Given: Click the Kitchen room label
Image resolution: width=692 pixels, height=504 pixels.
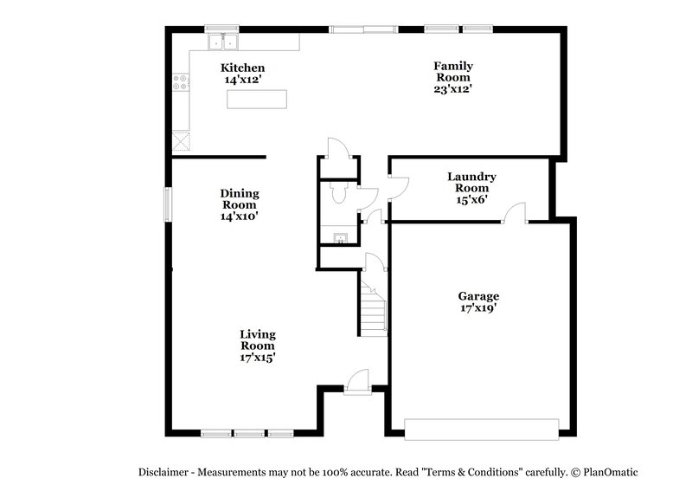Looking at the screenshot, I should tap(242, 68).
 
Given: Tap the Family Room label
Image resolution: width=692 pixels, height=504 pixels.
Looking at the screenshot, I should tap(453, 71).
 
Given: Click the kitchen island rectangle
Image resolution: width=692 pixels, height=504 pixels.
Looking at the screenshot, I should tap(255, 100).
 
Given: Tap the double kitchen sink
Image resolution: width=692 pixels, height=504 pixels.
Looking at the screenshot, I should tap(222, 42).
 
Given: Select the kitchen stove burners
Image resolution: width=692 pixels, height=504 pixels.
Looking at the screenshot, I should tap(182, 82).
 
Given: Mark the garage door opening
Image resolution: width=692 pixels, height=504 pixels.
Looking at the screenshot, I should tap(482, 429).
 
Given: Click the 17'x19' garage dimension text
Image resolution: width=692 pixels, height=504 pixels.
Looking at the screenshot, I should tap(478, 308).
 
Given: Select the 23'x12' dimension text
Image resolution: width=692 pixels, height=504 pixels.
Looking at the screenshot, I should tap(453, 88).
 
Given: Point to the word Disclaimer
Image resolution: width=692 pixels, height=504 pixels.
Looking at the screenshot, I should tap(163, 472).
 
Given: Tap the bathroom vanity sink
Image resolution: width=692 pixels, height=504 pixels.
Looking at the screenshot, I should tap(340, 238).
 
